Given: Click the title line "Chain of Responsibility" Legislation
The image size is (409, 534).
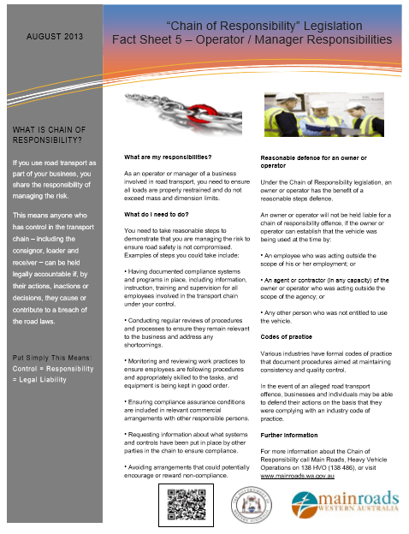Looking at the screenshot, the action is pos(252,27).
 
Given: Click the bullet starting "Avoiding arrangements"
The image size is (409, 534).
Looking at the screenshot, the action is pos(180,471).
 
